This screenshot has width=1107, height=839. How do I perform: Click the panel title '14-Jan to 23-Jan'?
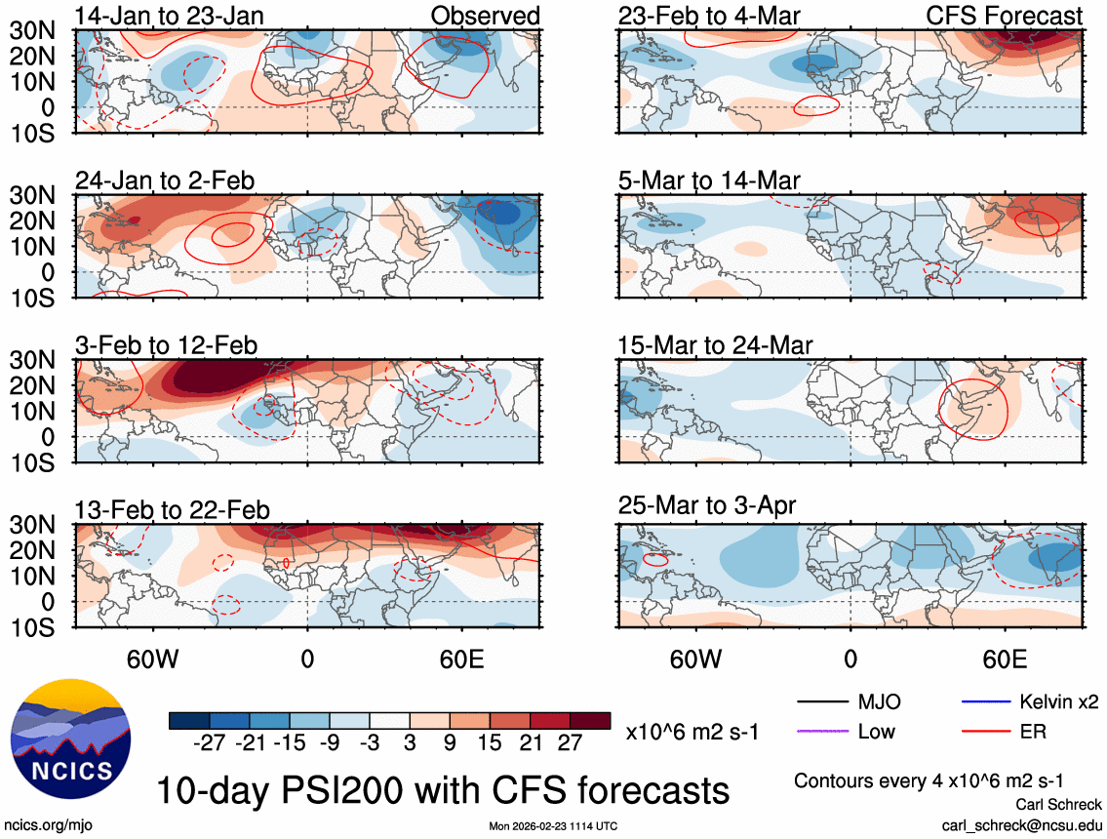tap(169, 16)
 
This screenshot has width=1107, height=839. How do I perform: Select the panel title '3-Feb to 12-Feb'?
tap(167, 345)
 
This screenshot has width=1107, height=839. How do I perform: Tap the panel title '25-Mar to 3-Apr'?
tap(707, 506)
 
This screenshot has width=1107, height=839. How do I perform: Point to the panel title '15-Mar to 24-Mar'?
tap(715, 345)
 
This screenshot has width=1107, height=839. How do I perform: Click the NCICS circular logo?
tap(68, 735)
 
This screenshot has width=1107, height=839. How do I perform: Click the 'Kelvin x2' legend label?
tap(1060, 701)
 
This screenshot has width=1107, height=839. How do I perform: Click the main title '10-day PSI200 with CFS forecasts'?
tap(443, 789)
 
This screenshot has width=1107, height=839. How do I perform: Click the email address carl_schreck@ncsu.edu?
tap(1021, 824)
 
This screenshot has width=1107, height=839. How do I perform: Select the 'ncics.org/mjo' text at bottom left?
tap(45, 824)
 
